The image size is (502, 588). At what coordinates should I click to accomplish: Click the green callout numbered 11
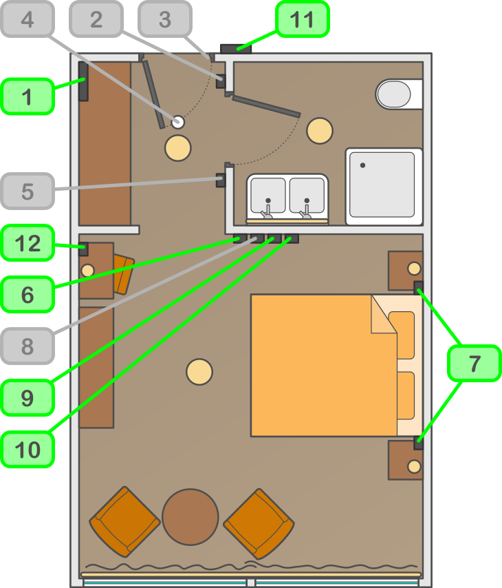303,19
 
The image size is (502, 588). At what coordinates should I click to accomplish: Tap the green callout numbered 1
28,96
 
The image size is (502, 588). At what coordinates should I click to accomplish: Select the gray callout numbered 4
28,19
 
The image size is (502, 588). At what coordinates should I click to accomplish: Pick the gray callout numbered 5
28,191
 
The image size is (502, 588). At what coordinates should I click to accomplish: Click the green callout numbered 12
28,243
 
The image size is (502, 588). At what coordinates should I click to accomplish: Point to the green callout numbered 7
474,364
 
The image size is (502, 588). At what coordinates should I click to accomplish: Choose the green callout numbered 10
28,450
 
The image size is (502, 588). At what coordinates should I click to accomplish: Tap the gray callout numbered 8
28,346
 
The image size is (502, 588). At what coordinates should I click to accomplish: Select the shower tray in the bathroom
383,185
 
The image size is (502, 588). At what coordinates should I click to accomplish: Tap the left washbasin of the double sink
268,196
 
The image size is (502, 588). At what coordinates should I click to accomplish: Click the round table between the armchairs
190,516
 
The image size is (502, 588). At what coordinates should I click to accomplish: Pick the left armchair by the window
124,521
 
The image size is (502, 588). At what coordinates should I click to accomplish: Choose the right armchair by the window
259,524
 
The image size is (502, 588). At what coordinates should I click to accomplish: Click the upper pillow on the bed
402,335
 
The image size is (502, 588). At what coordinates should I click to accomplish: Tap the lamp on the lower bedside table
414,467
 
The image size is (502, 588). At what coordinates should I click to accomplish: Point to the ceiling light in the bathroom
320,131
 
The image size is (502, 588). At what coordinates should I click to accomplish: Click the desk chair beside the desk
123,274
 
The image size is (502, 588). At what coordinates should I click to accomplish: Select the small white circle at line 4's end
178,122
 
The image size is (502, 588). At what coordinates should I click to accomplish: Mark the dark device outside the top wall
237,48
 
